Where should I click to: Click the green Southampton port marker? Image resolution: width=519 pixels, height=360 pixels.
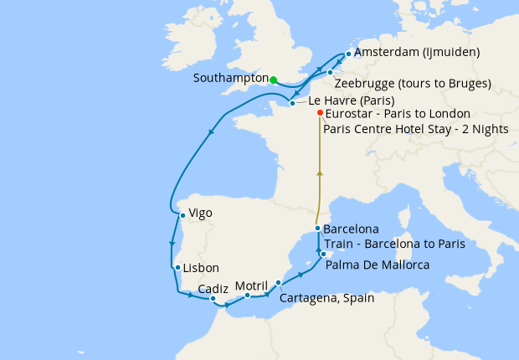pos(274,80)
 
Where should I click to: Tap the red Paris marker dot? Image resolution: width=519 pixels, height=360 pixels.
pos(321,113)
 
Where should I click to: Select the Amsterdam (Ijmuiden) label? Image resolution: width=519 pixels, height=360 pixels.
pos(417,53)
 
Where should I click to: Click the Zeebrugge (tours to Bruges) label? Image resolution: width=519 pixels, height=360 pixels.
pos(412,84)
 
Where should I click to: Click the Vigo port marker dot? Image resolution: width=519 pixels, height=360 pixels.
pos(182,215)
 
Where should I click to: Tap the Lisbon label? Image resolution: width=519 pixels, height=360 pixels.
pos(202,268)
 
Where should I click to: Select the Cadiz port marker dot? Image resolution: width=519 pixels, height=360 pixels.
pos(213,298)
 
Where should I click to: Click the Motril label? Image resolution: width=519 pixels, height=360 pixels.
pos(251,285)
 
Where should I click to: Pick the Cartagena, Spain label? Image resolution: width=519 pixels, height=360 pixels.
pos(326,297)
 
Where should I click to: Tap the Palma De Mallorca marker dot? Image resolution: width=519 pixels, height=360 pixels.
pos(322,253)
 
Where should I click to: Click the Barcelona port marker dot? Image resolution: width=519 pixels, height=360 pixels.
pos(317,229)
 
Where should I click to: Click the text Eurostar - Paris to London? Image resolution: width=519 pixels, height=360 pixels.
pos(397,113)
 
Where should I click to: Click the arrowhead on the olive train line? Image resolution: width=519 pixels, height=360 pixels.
pos(318,172)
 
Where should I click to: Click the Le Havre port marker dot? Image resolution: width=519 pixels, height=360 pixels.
pos(292,104)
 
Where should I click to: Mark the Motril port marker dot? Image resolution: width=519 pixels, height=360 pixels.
pos(248,296)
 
